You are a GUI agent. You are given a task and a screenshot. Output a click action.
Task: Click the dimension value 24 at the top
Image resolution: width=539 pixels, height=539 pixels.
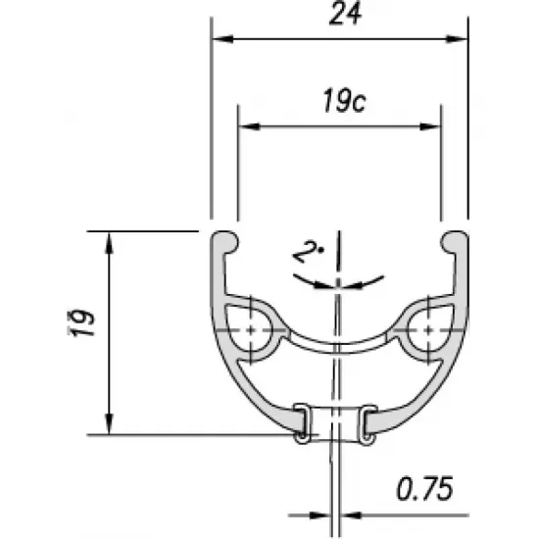tap(345, 15)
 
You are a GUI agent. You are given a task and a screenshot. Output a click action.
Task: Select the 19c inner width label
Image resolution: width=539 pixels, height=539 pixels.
tap(344, 100)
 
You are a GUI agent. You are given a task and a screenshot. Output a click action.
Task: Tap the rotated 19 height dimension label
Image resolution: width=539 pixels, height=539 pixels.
tap(81, 322)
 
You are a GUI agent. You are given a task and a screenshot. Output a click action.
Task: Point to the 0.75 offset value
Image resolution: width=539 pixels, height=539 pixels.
tap(425, 489)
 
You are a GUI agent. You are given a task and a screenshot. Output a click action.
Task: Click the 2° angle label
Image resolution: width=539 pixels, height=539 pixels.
tap(308, 252)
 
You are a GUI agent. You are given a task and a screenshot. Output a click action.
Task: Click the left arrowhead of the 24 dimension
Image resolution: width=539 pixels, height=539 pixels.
tap(222, 39)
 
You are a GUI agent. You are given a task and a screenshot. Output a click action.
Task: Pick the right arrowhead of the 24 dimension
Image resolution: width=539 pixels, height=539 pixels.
tap(456, 39)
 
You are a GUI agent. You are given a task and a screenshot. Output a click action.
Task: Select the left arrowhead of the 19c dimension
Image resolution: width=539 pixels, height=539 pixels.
tap(249, 126)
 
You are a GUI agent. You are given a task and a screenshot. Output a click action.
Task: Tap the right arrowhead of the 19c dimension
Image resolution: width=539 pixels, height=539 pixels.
tap(430, 126)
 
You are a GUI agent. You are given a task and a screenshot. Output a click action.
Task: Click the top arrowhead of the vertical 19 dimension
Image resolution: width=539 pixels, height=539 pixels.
tap(109, 243)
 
